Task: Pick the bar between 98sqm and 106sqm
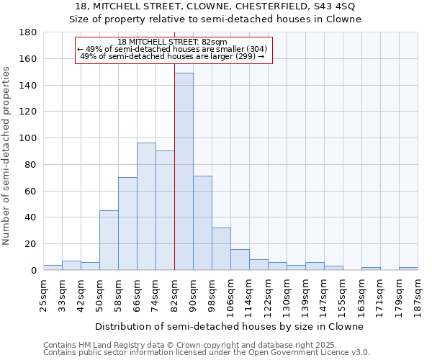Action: point(221,248)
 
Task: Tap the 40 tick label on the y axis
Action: point(31,217)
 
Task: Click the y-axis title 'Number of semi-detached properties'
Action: point(7,156)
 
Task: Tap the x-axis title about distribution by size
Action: point(229,326)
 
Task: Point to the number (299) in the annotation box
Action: point(246,56)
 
